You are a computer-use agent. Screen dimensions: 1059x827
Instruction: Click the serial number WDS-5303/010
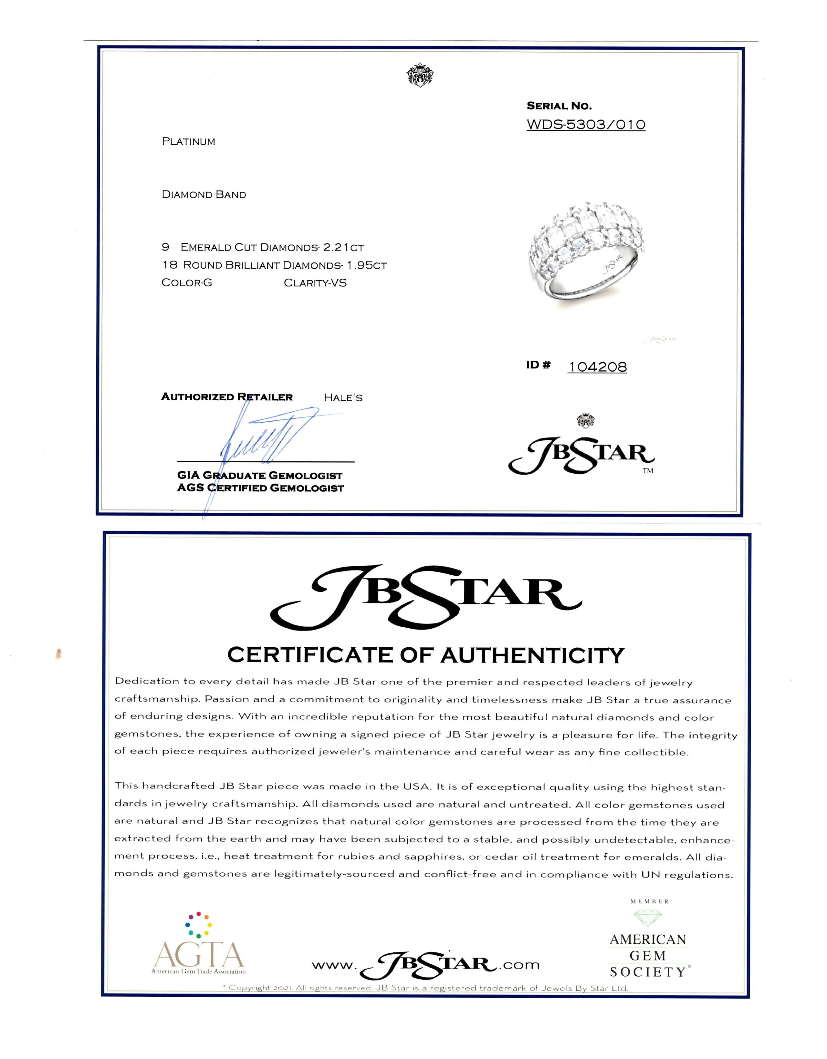pyautogui.click(x=586, y=125)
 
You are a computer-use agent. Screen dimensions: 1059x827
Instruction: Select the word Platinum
pyautogui.click(x=188, y=142)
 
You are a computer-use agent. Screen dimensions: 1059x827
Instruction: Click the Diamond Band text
pyautogui.click(x=204, y=194)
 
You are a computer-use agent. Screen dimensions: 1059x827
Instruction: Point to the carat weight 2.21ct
pyautogui.click(x=343, y=247)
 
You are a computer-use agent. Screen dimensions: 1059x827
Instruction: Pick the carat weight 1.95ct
pyautogui.click(x=367, y=265)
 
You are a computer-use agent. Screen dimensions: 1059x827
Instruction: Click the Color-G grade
pyautogui.click(x=187, y=283)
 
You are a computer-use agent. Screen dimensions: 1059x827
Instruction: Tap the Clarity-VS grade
pyautogui.click(x=315, y=283)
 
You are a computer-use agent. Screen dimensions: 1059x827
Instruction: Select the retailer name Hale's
pyautogui.click(x=343, y=398)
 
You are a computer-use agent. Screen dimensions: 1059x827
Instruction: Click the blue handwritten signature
pyautogui.click(x=264, y=437)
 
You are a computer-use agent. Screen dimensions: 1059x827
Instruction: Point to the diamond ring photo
pyautogui.click(x=584, y=252)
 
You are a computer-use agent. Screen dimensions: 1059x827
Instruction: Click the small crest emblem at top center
pyautogui.click(x=420, y=75)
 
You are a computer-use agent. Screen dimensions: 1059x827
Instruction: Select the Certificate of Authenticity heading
pyautogui.click(x=425, y=655)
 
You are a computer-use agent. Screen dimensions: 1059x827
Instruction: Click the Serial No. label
pyautogui.click(x=559, y=106)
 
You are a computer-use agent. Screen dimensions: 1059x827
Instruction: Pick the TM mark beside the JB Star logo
pyautogui.click(x=648, y=471)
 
